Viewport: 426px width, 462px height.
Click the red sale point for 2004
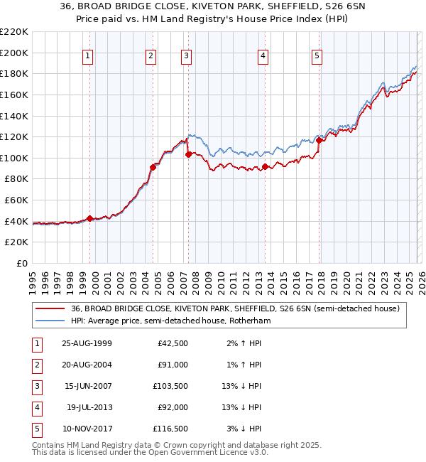[153, 168]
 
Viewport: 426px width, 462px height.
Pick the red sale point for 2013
[265, 167]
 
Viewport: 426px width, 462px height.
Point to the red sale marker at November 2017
[319, 141]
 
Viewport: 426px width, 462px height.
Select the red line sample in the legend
[50, 309]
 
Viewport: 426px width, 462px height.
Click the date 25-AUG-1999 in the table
[87, 344]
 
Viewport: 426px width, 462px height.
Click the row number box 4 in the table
[36, 408]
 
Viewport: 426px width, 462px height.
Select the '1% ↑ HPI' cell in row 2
[245, 365]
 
